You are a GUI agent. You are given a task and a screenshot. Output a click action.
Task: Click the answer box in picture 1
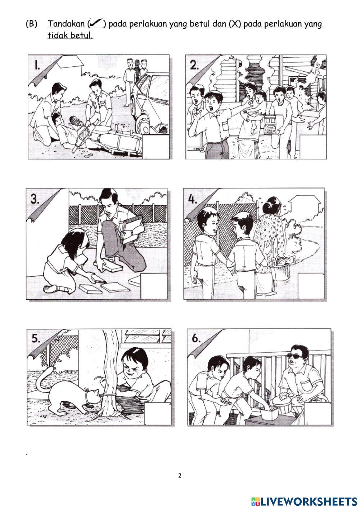click(x=156, y=147)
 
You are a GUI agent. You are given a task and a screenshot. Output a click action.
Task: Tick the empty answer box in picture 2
click(x=313, y=147)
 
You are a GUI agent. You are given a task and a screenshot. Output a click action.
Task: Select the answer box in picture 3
click(x=154, y=286)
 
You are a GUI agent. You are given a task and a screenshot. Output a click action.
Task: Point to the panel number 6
click(x=196, y=339)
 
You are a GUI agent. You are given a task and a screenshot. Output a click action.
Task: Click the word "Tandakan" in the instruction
click(x=66, y=24)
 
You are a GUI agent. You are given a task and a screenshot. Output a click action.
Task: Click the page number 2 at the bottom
click(x=180, y=475)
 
